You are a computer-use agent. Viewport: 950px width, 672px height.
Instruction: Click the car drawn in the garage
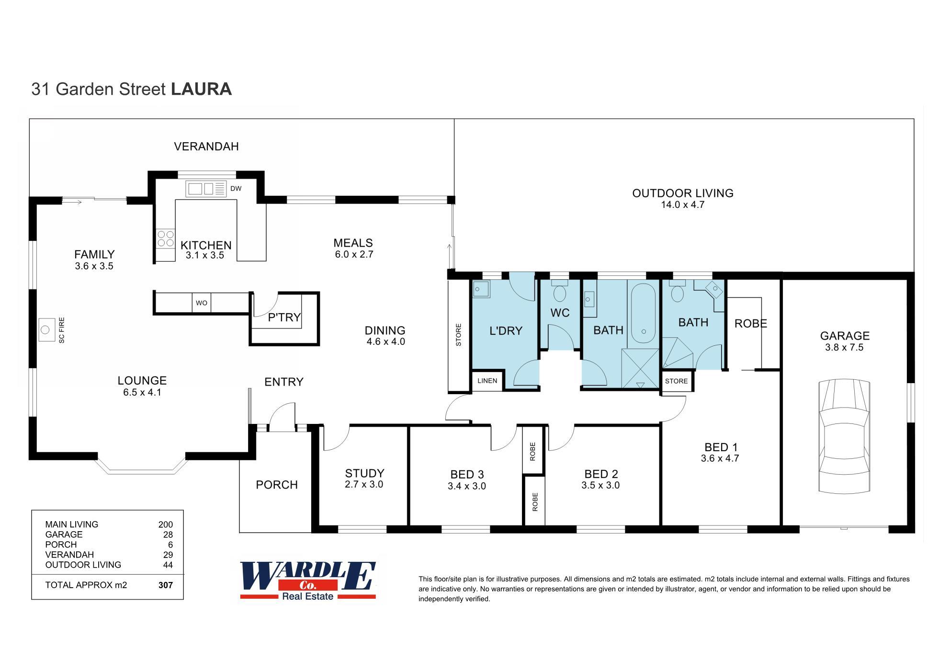tap(844, 436)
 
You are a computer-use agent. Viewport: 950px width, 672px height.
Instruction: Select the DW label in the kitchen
tap(236, 189)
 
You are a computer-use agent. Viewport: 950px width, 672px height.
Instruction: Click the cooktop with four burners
tap(166, 239)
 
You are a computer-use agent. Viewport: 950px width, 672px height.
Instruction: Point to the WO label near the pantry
tap(202, 303)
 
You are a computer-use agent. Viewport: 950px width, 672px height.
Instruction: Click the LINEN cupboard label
tap(487, 381)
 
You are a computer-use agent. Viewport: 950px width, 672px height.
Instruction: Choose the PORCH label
tap(277, 485)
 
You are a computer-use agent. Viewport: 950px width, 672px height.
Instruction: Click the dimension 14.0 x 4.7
tap(682, 205)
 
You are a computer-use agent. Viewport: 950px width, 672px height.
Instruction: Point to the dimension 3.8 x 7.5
tap(844, 347)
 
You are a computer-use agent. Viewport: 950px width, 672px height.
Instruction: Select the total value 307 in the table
tap(165, 585)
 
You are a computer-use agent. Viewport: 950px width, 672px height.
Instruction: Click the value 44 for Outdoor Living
tap(168, 565)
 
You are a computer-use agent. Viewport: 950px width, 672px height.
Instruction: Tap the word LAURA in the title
tap(201, 89)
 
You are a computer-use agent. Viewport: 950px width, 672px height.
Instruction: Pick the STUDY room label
tap(364, 473)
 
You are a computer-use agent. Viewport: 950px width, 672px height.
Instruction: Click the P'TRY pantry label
tap(284, 317)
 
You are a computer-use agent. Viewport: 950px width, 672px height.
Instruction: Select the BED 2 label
tap(601, 474)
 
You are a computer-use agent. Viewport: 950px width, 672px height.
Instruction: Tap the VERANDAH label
tap(206, 147)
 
